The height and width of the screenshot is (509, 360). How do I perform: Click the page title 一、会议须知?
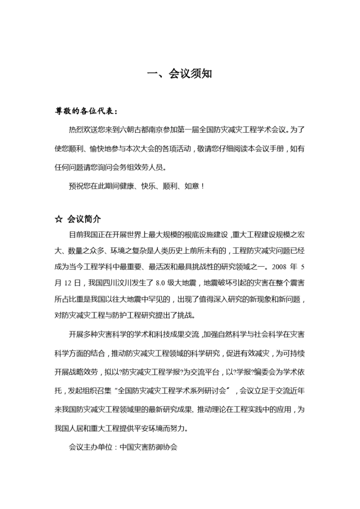point(180,74)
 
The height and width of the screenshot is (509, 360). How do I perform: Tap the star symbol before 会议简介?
point(58,219)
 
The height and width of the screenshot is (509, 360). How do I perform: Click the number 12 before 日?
point(68,283)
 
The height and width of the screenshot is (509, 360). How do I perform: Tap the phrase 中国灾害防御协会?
point(149,447)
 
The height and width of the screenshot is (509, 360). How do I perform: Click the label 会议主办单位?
point(91,447)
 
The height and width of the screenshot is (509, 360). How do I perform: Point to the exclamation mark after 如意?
point(203,186)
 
